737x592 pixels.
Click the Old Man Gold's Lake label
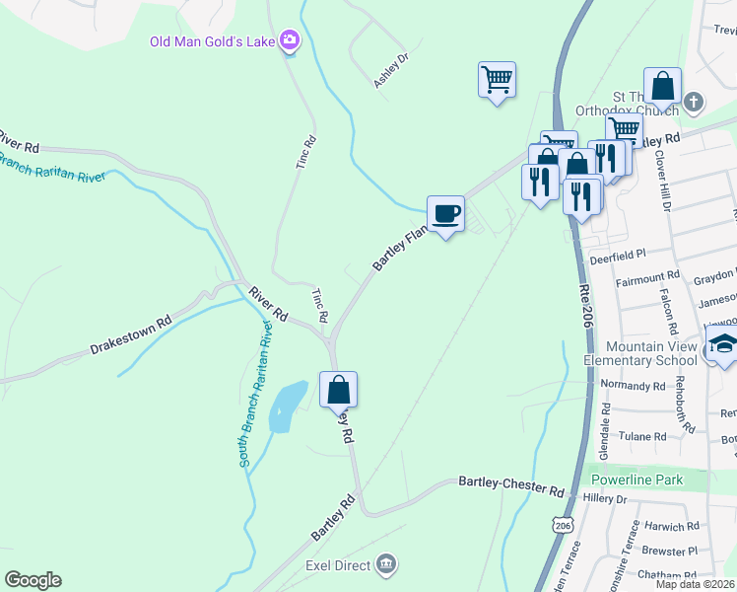(x=212, y=41)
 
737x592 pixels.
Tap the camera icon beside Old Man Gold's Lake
(x=290, y=40)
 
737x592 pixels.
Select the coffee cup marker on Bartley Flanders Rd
(x=445, y=213)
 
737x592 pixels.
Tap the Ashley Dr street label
(x=391, y=70)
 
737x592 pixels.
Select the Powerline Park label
(x=636, y=480)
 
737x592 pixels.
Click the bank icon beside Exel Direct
(x=386, y=564)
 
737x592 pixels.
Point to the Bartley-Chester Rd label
(x=511, y=485)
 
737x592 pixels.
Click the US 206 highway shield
(x=563, y=525)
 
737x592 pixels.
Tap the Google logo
(x=33, y=580)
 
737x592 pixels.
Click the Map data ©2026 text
(x=696, y=584)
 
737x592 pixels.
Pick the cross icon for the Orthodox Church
(x=694, y=102)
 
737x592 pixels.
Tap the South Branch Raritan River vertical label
(x=254, y=393)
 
